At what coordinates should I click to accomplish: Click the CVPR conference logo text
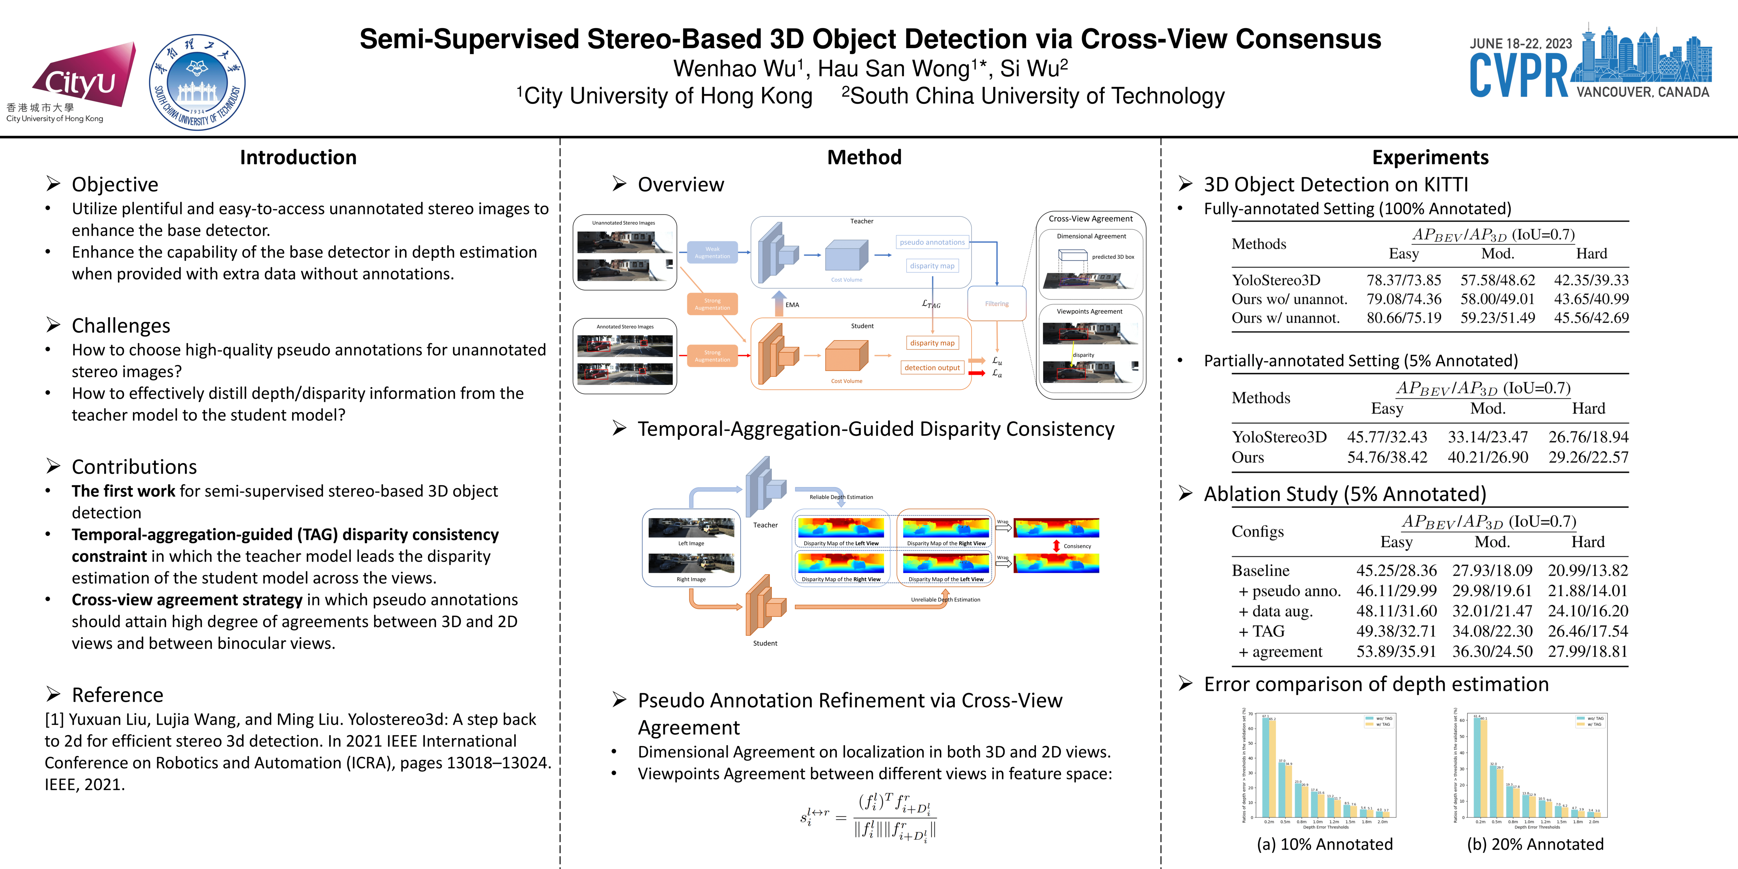click(1518, 76)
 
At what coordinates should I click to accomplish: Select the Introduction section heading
click(298, 157)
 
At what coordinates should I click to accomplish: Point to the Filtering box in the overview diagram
click(997, 303)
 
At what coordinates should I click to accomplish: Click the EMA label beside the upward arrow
click(792, 305)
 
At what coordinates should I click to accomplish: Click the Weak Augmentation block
click(713, 252)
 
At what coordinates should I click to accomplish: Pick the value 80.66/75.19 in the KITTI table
click(1403, 318)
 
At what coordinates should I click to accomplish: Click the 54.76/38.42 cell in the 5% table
click(1387, 458)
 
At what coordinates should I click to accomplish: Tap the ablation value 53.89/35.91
click(1396, 652)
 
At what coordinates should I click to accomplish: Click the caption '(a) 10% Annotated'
click(1325, 844)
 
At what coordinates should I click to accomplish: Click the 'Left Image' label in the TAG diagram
click(691, 543)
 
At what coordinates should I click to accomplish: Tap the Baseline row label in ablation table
click(1260, 571)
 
